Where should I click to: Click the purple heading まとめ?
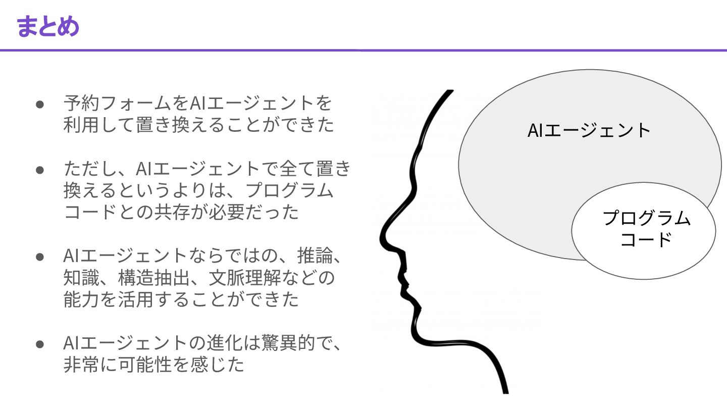point(48,26)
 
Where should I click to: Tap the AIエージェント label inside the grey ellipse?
point(589,130)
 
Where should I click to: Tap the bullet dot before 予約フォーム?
point(40,104)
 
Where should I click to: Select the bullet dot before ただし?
point(40,170)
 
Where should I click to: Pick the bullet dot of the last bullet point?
point(40,344)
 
